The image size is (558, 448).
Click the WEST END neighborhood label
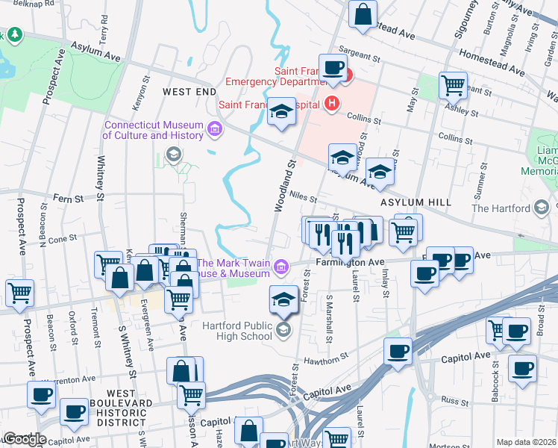point(189,91)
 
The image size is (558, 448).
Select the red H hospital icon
point(333,103)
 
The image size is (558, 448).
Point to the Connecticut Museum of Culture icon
point(215,130)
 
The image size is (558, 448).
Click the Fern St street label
point(67,199)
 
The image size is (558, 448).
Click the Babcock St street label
point(495,386)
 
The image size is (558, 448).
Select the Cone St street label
point(63,239)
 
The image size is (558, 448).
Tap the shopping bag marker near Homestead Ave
point(363,14)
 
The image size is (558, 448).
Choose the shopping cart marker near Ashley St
point(453,85)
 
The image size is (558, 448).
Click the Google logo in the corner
point(24,439)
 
